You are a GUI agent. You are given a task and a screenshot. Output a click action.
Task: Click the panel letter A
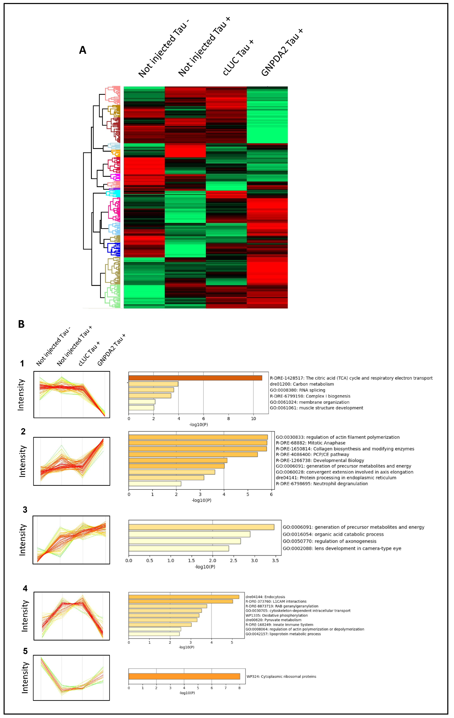82,50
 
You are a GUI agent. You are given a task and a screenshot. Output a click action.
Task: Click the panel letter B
21,324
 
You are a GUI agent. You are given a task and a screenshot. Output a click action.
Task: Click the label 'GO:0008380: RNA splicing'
297,390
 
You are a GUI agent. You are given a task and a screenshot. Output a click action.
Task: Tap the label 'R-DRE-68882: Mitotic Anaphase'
310,443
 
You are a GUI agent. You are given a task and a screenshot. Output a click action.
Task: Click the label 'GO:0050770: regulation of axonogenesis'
329,541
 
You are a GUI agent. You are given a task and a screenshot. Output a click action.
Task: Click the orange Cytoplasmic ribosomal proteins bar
184,676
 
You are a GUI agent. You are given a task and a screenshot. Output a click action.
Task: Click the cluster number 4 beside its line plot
25,588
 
